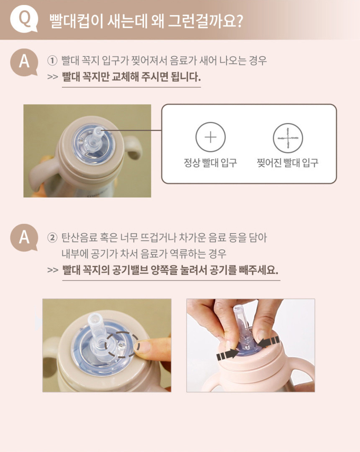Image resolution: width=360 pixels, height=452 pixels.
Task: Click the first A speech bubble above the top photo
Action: tap(24, 62)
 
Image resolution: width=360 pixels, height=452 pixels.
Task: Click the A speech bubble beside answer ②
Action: tap(24, 238)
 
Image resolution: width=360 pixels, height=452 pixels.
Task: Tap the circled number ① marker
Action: tap(52, 61)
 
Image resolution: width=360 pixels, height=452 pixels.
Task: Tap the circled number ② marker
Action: tap(52, 238)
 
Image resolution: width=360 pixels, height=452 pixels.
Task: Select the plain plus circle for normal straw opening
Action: tap(211, 137)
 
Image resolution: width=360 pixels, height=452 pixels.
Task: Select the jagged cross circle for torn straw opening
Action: tap(288, 138)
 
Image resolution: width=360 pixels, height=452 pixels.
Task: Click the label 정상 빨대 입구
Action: tap(211, 163)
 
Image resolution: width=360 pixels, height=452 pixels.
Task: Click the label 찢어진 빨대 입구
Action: tap(288, 163)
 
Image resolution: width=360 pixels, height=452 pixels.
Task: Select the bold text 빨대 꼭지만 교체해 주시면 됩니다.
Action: tap(131, 77)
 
